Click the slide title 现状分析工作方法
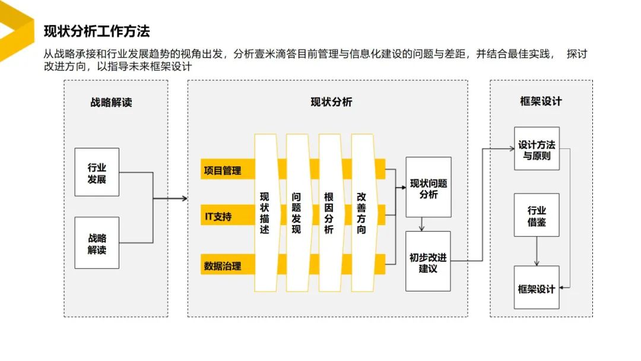(97, 30)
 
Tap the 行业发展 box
(97, 172)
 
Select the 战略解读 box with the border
(97, 243)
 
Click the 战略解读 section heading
(111, 102)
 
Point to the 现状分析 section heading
(331, 102)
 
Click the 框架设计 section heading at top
(540, 101)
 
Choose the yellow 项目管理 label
(223, 171)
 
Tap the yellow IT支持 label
(218, 217)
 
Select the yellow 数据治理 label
(223, 266)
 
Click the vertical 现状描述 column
(265, 213)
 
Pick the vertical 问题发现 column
(297, 213)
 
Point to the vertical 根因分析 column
(329, 213)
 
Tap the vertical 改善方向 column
(361, 213)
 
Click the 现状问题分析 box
(428, 188)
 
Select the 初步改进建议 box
(428, 262)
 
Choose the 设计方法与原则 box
(537, 150)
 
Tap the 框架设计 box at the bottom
(537, 289)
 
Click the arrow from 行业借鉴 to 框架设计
(537, 251)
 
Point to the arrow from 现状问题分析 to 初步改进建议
(421, 224)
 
